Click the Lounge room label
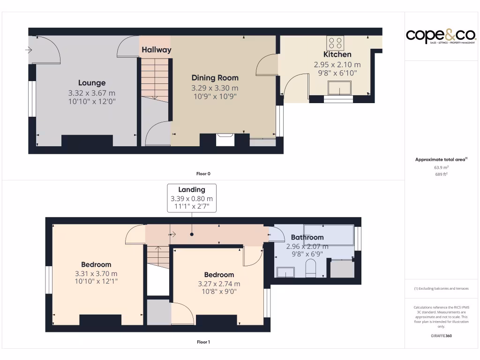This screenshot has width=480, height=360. point(92,83)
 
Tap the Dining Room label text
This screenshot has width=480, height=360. point(215,78)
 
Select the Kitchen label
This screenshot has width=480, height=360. point(337,54)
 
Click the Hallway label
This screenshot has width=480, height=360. point(156,50)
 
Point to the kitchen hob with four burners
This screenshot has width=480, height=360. point(336,43)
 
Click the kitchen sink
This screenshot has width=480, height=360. point(339,88)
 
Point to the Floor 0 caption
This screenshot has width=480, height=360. point(203,174)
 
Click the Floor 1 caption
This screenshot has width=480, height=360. point(203,342)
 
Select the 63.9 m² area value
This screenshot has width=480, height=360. point(441,167)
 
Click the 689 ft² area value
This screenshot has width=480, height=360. point(441,174)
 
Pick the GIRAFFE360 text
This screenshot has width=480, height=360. point(441,336)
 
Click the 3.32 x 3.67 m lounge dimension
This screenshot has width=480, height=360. point(92,93)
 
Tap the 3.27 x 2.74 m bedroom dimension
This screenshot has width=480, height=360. point(219,284)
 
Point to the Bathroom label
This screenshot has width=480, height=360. point(307,237)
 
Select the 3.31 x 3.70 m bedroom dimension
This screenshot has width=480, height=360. point(96,274)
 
